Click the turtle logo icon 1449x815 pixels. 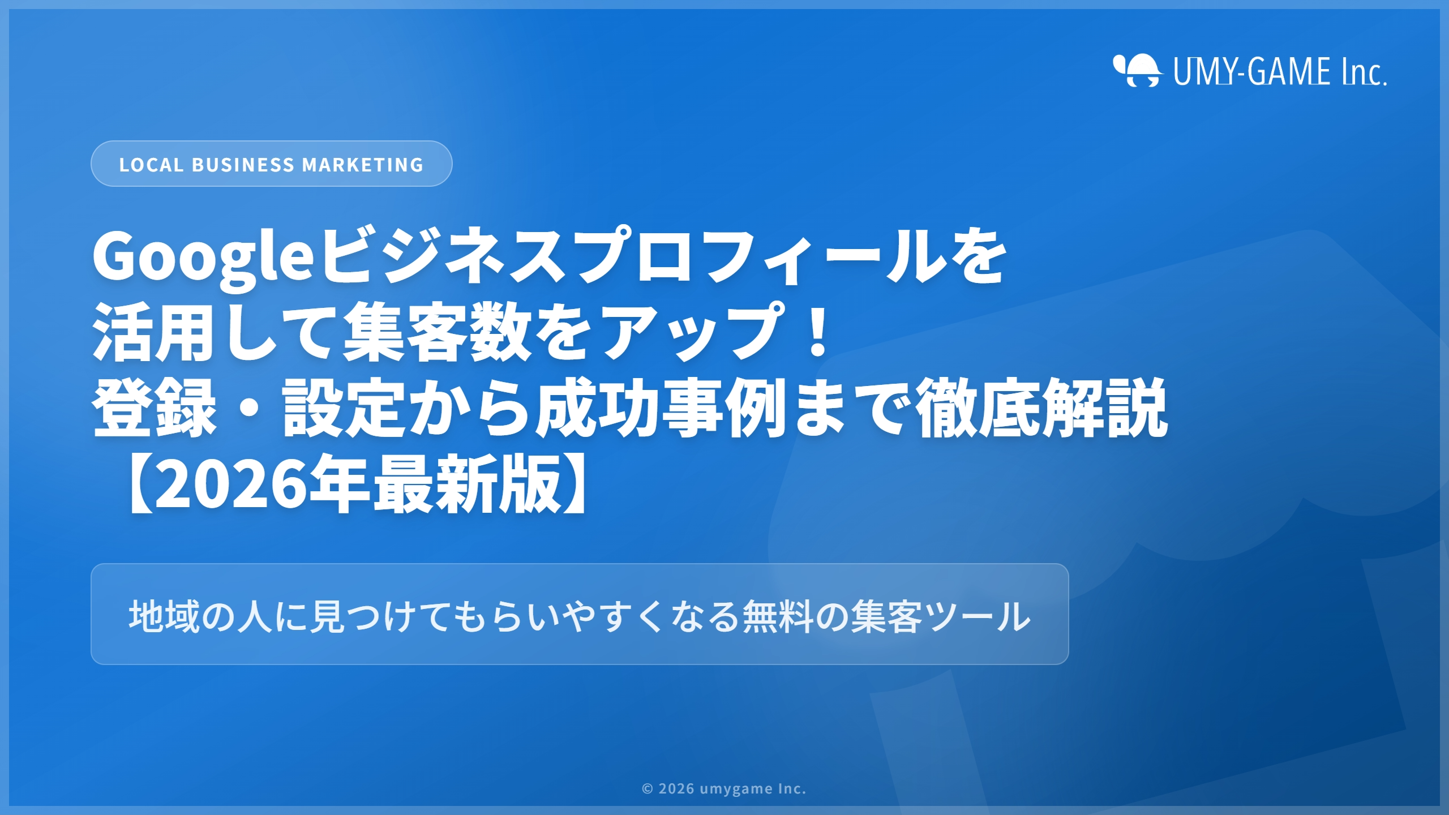[x=1137, y=70]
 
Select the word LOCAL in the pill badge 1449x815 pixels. [x=151, y=165]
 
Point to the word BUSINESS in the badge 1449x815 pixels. [x=243, y=165]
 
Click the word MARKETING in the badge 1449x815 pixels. [x=363, y=165]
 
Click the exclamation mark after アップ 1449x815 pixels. [x=818, y=331]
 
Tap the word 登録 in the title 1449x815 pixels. [x=155, y=407]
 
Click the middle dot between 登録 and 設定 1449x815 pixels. [x=250, y=408]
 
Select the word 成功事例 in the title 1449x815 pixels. [x=661, y=407]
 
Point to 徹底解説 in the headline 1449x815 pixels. [x=1041, y=407]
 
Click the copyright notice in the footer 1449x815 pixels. [x=724, y=788]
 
